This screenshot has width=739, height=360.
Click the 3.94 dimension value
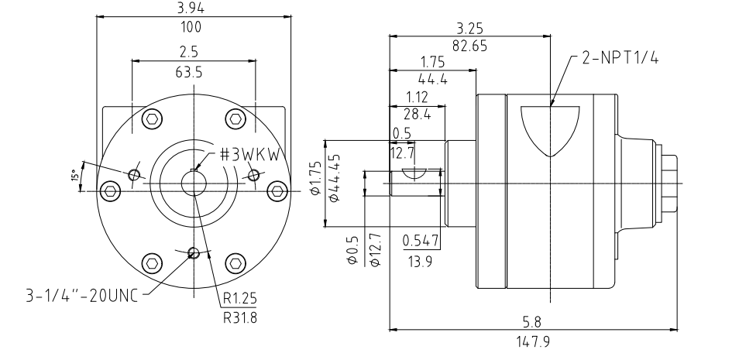pos(191,8)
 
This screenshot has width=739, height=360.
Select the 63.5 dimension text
pos(189,72)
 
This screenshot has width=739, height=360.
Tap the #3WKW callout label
pos(253,155)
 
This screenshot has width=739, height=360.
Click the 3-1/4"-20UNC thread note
pos(81,296)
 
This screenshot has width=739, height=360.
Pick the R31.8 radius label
pos(240,317)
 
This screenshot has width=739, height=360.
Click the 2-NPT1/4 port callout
pos(620,57)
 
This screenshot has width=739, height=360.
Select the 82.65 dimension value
pos(470,46)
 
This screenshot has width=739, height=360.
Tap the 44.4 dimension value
pos(433,79)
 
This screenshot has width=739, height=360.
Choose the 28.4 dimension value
pos(417,114)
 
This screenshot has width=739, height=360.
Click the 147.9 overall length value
pos(533,341)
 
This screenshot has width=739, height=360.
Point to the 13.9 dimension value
pos(421,262)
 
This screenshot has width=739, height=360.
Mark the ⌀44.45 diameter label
pos(335,178)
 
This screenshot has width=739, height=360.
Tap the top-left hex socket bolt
pos(153,118)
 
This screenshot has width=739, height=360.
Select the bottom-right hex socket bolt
pos(235,263)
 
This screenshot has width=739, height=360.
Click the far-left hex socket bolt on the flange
pos(111,190)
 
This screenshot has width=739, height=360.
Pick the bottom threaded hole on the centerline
pos(193,253)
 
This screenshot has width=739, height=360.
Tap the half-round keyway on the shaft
pos(414,173)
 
